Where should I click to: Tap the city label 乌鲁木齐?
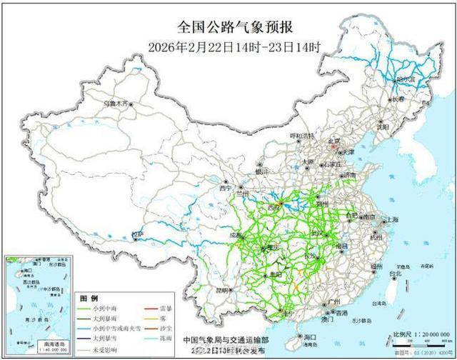pos(116,104)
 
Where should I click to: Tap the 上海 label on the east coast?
pos(390,219)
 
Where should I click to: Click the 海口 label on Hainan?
pos(309,336)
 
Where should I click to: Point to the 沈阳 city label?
pos(384,126)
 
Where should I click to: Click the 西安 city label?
pos(274,206)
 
